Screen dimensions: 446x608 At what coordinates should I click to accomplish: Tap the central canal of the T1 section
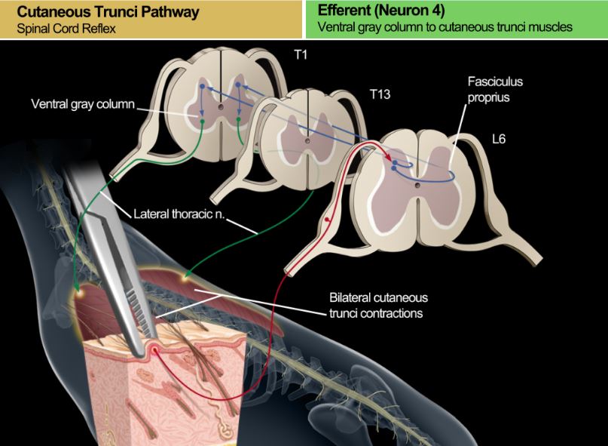220,108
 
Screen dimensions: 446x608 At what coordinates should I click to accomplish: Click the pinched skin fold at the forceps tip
157,345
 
